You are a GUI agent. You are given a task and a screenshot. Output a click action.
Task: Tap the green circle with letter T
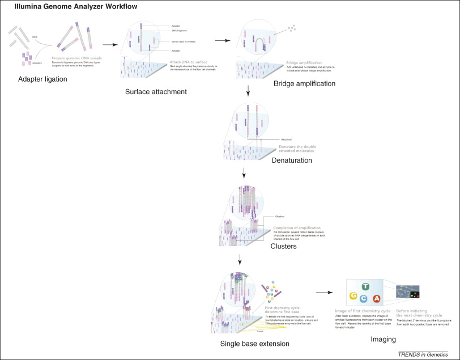pos(367,287)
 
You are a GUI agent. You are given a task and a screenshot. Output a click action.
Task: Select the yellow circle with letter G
pos(353,297)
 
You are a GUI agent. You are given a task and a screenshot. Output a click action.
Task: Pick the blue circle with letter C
pos(364,299)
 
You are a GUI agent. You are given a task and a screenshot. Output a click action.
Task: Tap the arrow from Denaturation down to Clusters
pos(243,173)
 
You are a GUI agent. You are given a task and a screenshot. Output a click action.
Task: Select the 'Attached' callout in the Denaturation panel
pos(287,139)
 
